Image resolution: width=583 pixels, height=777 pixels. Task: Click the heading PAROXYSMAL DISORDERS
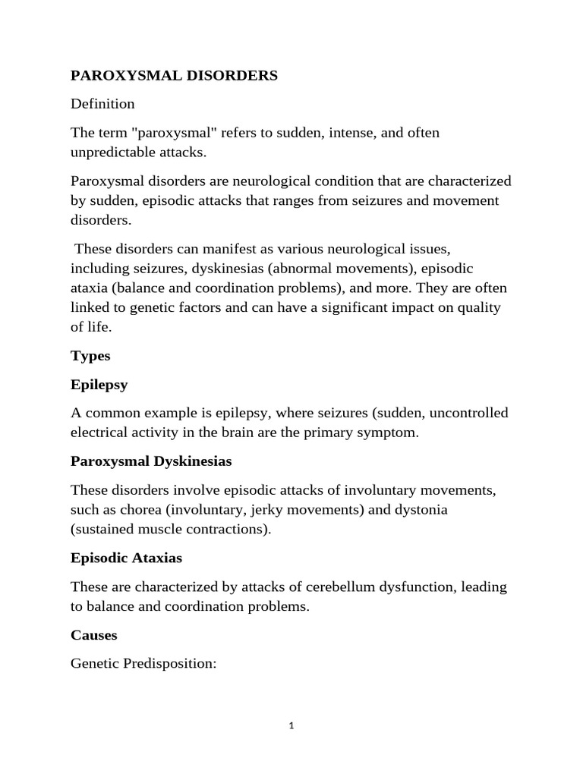pos(175,76)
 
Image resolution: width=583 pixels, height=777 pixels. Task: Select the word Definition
pos(102,104)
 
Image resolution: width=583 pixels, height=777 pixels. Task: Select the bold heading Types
pos(90,356)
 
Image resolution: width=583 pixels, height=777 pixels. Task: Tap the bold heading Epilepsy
pos(99,385)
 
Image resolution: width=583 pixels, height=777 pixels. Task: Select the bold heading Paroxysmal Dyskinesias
pos(151,461)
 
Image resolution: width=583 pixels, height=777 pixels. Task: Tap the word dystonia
pos(421,510)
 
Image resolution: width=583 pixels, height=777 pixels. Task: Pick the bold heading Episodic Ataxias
pos(126,558)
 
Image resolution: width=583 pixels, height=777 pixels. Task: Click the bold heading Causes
pos(94,634)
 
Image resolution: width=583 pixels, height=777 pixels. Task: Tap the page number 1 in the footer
pos(291,725)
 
